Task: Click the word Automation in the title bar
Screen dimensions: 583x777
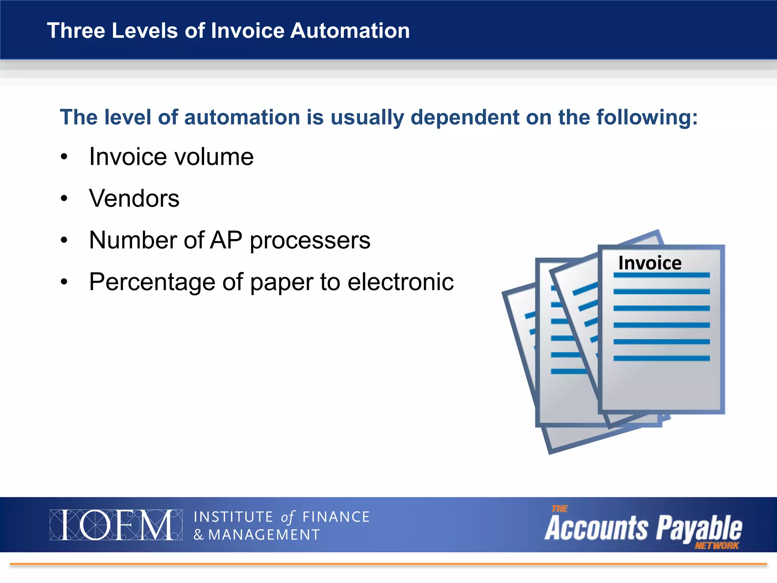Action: coord(350,31)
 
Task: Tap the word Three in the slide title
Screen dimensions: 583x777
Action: coord(75,31)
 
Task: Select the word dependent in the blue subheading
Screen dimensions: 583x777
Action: coord(465,117)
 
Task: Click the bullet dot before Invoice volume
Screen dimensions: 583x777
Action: coord(64,157)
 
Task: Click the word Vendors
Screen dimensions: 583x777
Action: coord(134,199)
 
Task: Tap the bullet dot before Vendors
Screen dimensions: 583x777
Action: coord(64,199)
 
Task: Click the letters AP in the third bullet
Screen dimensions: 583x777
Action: coord(226,240)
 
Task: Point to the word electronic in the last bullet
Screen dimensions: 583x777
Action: coord(401,282)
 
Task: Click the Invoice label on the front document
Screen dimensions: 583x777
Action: coord(650,263)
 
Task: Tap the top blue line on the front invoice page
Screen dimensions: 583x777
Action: coord(661,275)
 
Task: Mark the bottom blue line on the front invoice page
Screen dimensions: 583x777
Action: coord(661,358)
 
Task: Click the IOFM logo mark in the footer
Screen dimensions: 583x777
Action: coord(116,525)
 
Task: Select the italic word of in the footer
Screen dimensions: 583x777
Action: coord(288,517)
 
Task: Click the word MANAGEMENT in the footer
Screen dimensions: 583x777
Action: coord(264,535)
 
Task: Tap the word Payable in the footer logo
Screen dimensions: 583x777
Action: coord(699,528)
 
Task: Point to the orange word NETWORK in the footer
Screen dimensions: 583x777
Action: coord(717,546)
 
